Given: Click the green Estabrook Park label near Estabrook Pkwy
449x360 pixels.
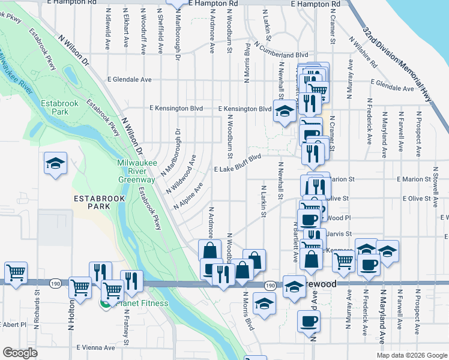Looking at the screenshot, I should pos(59,107).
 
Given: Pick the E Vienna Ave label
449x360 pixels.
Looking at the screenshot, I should pos(95,347).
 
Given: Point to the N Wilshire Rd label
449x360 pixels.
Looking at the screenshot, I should pos(362,54).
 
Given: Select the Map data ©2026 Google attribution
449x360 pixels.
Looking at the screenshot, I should pos(412,355).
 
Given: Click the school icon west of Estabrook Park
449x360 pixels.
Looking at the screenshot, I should pos(56,163).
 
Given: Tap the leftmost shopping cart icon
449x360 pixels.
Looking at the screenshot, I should pos(16,272).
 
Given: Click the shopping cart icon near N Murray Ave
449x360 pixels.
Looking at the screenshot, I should pos(343,261).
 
